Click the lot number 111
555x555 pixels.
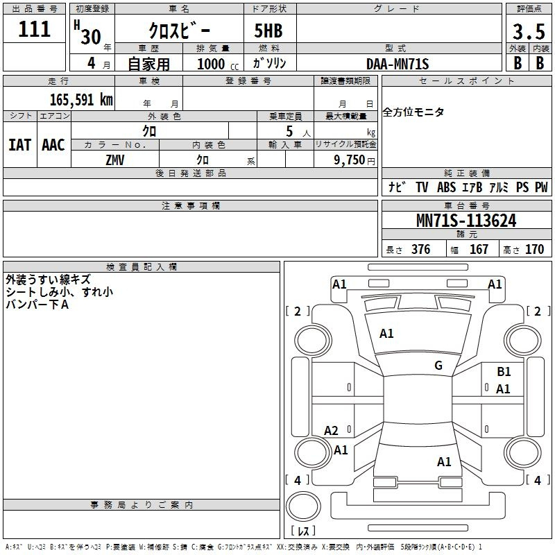click(34, 29)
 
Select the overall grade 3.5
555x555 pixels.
click(529, 31)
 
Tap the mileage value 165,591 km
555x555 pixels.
click(81, 100)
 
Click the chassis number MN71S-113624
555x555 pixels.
click(466, 221)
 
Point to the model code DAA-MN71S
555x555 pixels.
click(398, 64)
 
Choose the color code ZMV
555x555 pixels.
click(115, 160)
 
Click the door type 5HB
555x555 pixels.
click(268, 31)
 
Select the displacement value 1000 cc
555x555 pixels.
click(218, 64)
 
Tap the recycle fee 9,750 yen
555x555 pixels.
click(355, 160)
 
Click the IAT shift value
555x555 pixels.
click(20, 145)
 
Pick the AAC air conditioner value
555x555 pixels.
click(53, 145)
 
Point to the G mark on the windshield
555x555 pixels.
click(438, 366)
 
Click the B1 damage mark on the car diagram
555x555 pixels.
click(504, 372)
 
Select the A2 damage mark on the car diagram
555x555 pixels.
click(331, 430)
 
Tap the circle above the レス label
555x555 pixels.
click(303, 506)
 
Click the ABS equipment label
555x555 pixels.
click(446, 187)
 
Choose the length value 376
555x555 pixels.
click(420, 249)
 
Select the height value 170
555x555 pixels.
click(534, 249)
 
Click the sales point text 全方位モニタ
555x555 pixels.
click(413, 112)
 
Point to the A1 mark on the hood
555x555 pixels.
click(386, 334)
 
